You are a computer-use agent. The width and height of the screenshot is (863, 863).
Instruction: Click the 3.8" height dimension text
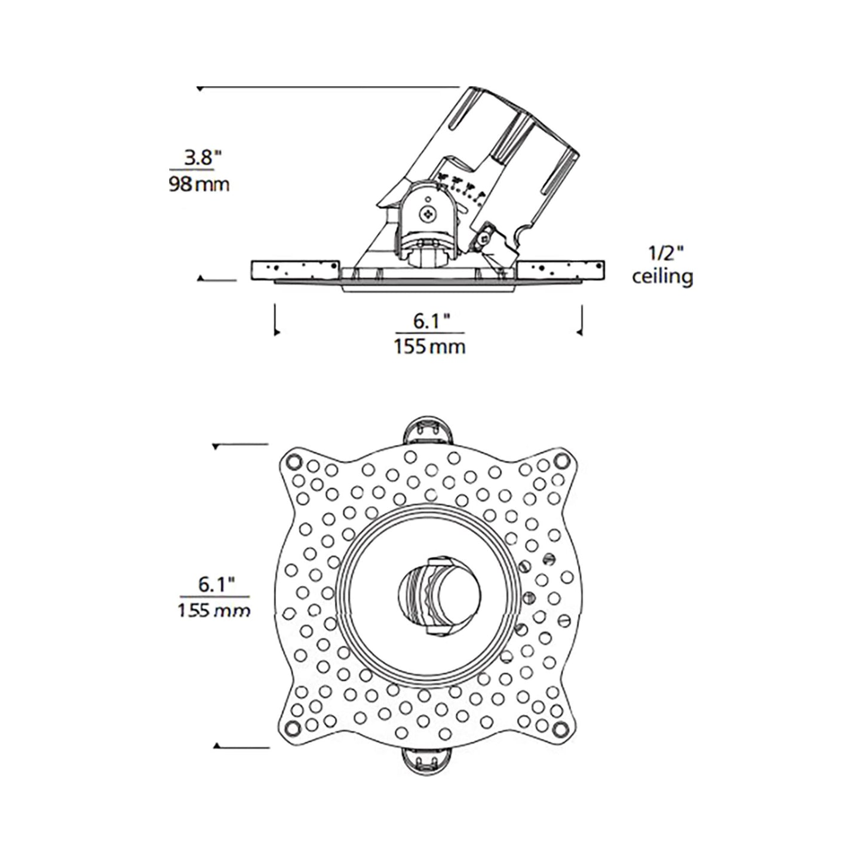(x=202, y=158)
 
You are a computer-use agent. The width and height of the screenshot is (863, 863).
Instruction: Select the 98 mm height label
(x=199, y=184)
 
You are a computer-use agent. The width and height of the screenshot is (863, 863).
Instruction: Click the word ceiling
(x=662, y=277)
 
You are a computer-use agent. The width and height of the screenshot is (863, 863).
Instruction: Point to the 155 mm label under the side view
(x=429, y=346)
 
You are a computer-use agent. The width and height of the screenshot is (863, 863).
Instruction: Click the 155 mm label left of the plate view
(x=214, y=610)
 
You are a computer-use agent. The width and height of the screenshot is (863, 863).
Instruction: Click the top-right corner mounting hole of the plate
(x=560, y=460)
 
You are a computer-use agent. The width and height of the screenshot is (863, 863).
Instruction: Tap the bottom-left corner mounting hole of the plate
(x=293, y=727)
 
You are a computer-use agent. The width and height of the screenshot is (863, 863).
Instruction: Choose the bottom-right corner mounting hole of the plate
(x=560, y=727)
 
